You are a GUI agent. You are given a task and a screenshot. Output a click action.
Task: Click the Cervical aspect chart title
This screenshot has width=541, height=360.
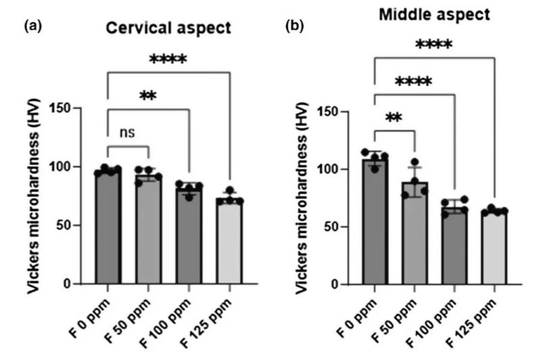(x=166, y=29)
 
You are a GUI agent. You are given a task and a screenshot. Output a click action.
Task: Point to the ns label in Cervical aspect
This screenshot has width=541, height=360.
(x=127, y=132)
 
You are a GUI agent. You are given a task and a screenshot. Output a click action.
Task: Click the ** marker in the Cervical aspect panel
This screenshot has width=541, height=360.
(x=148, y=95)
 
